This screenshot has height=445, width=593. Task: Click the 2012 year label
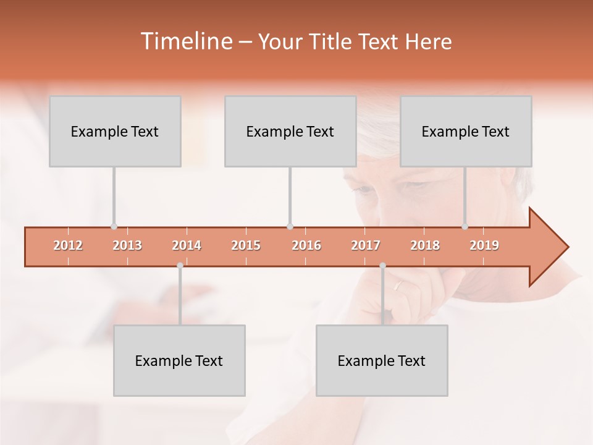click(68, 245)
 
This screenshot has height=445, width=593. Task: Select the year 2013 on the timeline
click(127, 245)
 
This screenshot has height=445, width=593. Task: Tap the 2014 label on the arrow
click(187, 245)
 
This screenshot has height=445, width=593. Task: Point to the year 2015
click(246, 245)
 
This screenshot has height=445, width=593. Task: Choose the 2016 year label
click(306, 245)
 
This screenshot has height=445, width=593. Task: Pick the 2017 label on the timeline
click(366, 245)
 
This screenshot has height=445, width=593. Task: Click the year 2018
click(425, 245)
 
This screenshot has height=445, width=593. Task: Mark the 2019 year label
click(484, 245)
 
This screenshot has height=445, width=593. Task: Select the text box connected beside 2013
click(115, 131)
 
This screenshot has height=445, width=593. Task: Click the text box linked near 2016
click(290, 131)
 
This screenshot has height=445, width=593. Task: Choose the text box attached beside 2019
click(466, 131)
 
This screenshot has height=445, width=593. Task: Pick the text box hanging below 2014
click(179, 360)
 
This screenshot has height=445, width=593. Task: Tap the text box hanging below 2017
click(382, 360)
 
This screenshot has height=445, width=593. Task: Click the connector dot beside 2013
click(114, 227)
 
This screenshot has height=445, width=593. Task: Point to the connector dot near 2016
click(290, 227)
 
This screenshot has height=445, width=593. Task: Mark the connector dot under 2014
click(180, 266)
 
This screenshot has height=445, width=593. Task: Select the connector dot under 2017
click(382, 266)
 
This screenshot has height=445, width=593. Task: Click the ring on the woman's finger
click(399, 285)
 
